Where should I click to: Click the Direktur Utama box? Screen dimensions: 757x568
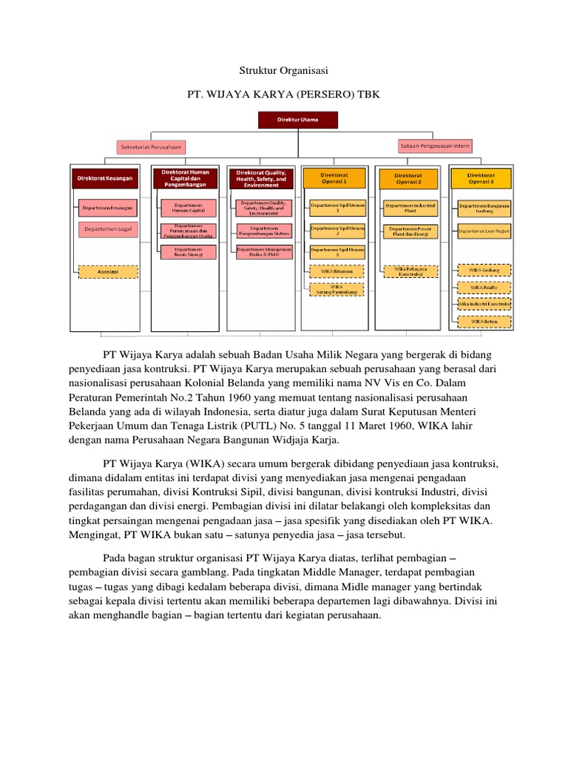click(x=297, y=120)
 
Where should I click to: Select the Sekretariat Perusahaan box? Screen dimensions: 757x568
click(x=151, y=147)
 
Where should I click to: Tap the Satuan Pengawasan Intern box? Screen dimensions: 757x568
click(x=435, y=146)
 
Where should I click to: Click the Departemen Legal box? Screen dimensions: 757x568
click(x=107, y=230)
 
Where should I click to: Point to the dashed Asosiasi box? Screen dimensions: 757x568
click(x=107, y=271)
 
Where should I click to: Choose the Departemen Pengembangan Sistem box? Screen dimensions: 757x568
click(x=263, y=230)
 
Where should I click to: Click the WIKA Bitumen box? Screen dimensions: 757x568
click(x=337, y=271)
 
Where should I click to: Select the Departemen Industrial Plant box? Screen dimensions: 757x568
click(x=411, y=208)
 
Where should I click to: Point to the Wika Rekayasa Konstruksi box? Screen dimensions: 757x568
click(x=411, y=271)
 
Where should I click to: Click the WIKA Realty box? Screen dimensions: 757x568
click(x=485, y=287)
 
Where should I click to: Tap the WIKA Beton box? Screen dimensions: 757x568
click(x=485, y=321)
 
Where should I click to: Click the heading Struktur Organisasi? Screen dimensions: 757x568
click(x=283, y=70)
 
